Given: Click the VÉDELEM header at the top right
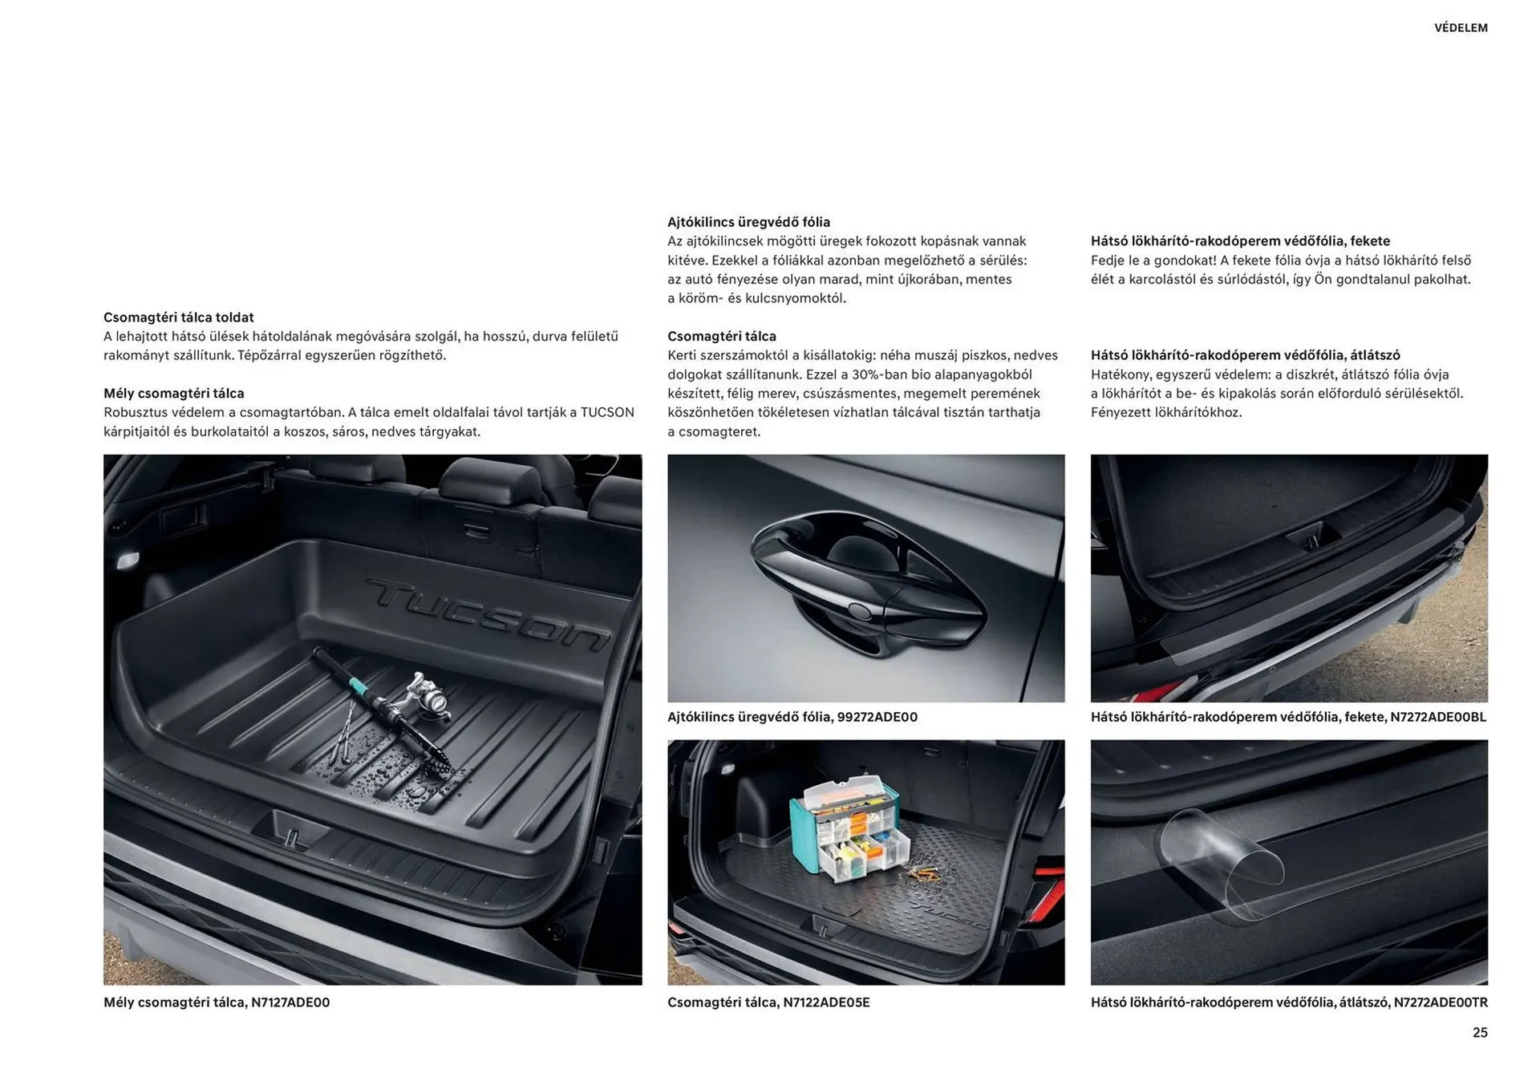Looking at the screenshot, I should click(1460, 28).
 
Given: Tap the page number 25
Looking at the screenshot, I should click(1479, 1032).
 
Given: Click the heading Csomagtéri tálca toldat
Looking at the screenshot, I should click(178, 318).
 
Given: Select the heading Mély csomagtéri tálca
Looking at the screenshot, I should click(173, 394).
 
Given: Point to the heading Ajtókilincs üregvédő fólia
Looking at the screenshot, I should click(748, 222).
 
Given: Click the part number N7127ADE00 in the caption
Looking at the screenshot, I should click(290, 1002).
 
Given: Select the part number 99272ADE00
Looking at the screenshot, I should click(877, 717).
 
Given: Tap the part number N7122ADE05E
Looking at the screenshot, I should click(826, 1002).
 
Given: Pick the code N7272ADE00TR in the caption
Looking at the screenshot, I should click(1441, 1002).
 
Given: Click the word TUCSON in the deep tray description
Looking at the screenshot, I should click(607, 413).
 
